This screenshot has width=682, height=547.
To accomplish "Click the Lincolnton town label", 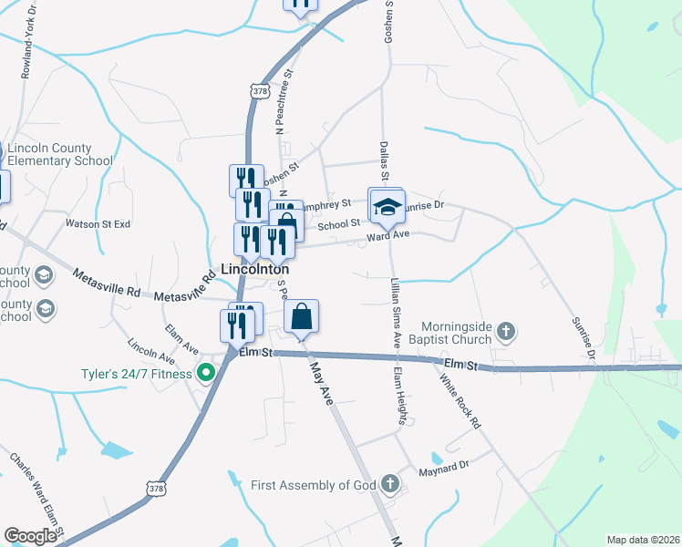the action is coord(255,270).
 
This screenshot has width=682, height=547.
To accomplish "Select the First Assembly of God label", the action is coord(314,484).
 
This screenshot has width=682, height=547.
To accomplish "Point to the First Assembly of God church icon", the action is coord(389,483).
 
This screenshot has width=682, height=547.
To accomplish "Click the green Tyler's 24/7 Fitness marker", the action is coord(206,373).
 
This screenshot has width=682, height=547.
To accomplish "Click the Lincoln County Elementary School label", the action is coord(60,155).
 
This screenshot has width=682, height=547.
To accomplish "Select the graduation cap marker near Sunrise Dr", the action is coord(387,208).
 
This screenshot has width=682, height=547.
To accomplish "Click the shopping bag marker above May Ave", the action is coord(302,318).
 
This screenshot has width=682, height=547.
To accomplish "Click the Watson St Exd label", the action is coord(98,223).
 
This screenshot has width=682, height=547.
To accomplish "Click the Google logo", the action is coord(30,536).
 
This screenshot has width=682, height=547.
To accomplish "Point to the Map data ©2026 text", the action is coord(642,539).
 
